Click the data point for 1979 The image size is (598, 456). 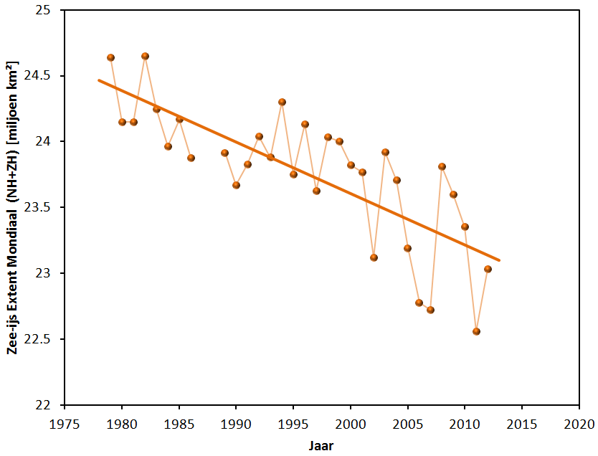(110, 57)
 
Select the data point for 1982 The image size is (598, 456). (145, 56)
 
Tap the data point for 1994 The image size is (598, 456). (282, 102)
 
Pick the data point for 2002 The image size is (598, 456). (374, 257)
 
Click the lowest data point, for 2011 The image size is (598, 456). (476, 331)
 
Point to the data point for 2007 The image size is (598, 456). (430, 310)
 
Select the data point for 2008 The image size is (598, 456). (442, 166)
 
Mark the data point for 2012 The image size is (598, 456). (488, 269)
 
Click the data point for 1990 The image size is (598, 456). (236, 185)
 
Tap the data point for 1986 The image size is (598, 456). (191, 158)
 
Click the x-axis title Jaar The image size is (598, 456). (321, 445)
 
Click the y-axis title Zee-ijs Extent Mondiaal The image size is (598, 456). (12, 208)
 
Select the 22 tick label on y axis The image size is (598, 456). (48, 405)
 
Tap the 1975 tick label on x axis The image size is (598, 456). (65, 424)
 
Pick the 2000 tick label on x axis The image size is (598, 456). (351, 424)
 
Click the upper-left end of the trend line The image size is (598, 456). (99, 80)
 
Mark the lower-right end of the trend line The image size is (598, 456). (499, 260)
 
